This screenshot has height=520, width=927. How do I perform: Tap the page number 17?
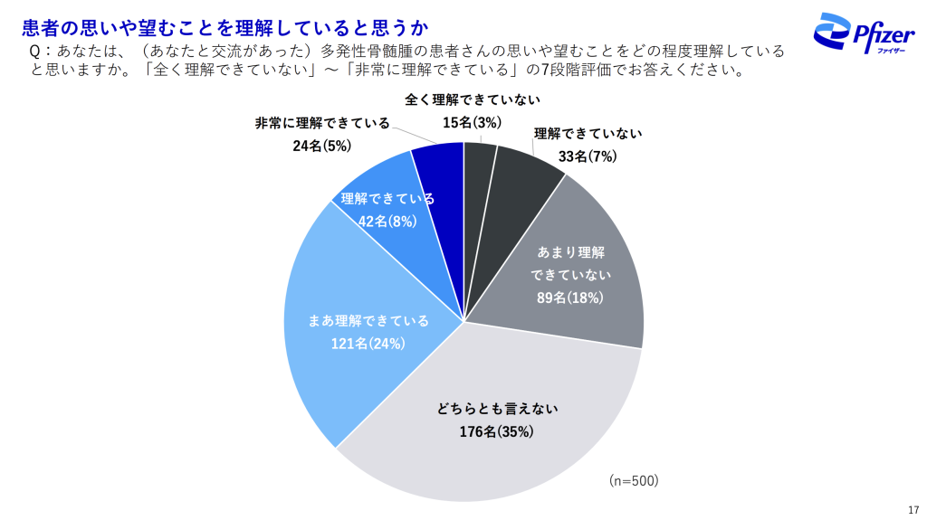coord(913,507)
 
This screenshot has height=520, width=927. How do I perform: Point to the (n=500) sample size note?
coord(633,480)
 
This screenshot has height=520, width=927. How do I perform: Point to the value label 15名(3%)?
coord(472,122)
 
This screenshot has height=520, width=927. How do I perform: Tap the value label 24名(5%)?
coord(322,145)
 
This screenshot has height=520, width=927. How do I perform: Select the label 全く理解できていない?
coord(471,100)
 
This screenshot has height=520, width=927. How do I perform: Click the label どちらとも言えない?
coord(494,409)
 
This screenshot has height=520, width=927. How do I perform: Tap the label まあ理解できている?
coord(368,321)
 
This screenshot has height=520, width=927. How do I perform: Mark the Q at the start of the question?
coord(35,52)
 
